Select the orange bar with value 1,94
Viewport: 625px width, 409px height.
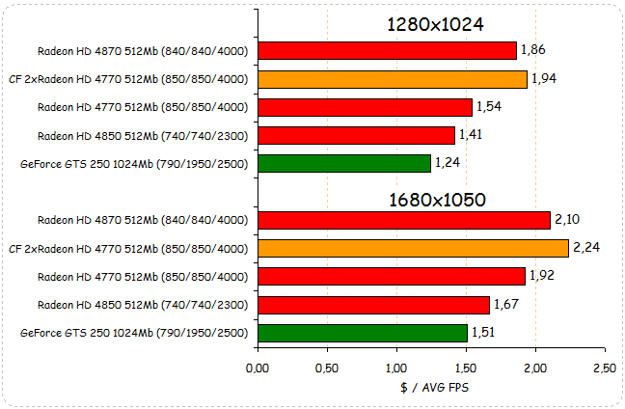coord(393,79)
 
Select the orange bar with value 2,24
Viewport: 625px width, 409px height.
coord(413,249)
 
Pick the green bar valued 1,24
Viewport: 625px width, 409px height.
coord(344,163)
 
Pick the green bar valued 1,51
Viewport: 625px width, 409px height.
coord(363,333)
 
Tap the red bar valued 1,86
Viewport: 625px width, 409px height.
coord(388,50)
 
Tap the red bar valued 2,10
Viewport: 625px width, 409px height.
coord(403,220)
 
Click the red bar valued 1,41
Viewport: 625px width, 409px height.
coord(356,135)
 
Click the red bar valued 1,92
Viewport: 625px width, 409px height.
coord(392,277)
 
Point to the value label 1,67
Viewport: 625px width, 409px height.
coord(506,305)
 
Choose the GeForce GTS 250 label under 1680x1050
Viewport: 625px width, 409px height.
coord(134,334)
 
